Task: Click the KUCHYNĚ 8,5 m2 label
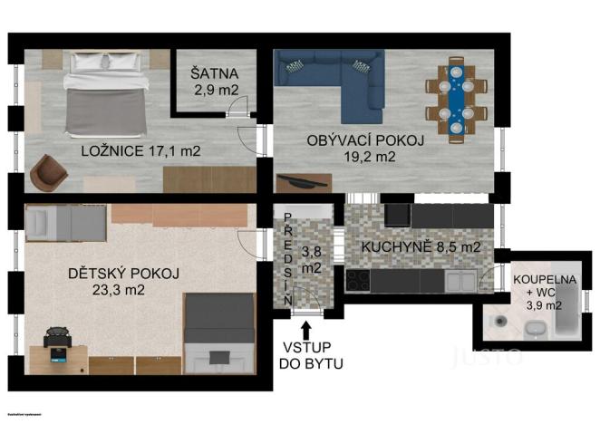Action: (x=420, y=246)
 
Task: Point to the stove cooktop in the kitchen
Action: (x=359, y=280)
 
